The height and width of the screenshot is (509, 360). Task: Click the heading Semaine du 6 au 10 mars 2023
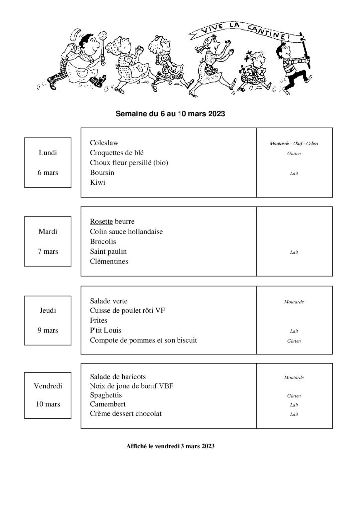pyautogui.click(x=171, y=114)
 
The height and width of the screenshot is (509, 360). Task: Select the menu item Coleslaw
pyautogui.click(x=105, y=143)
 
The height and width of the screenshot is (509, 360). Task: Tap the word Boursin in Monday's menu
pyautogui.click(x=102, y=172)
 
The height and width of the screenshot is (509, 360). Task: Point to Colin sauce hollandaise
pyautogui.click(x=126, y=231)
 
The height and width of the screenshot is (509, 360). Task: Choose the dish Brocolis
pyautogui.click(x=103, y=241)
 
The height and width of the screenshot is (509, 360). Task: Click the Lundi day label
pyautogui.click(x=48, y=153)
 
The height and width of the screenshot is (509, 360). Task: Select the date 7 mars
pyautogui.click(x=48, y=251)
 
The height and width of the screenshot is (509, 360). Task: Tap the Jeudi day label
pyautogui.click(x=48, y=310)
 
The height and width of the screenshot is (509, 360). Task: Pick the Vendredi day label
pyautogui.click(x=48, y=386)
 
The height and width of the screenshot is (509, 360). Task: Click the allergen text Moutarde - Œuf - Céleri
pyautogui.click(x=294, y=144)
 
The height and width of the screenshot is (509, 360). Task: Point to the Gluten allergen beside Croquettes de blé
pyautogui.click(x=294, y=154)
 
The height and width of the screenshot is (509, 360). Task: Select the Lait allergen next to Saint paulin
pyautogui.click(x=294, y=252)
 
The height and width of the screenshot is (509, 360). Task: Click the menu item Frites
pyautogui.click(x=99, y=320)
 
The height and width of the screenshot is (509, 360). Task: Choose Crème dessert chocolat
pyautogui.click(x=126, y=414)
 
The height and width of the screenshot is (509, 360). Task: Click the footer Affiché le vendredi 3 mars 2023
pyautogui.click(x=171, y=447)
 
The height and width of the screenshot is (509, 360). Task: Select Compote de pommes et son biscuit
pyautogui.click(x=144, y=340)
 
